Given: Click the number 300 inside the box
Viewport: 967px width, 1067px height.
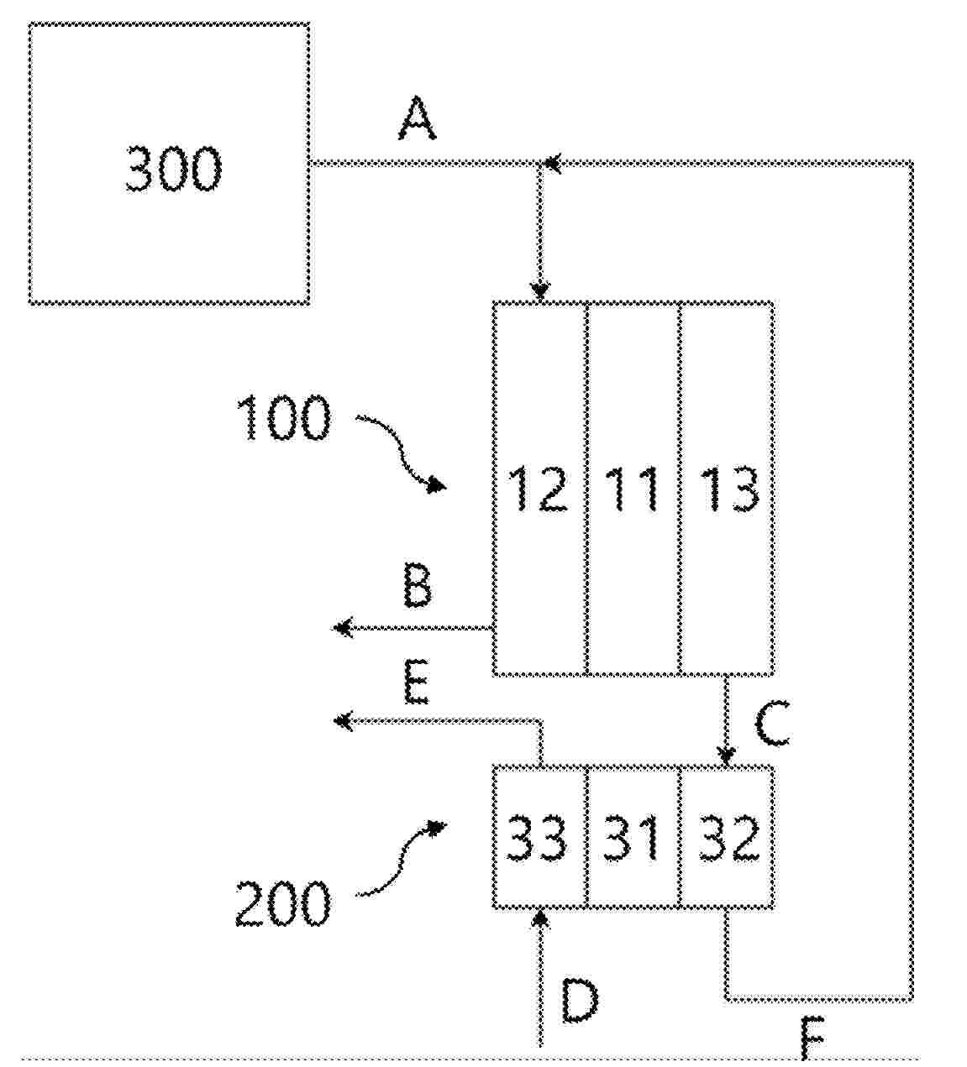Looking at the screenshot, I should pos(174,169).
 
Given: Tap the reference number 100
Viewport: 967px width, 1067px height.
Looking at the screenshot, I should pos(284,419).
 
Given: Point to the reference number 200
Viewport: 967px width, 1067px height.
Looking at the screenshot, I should pos(282,904).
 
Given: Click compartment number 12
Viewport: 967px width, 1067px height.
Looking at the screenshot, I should pos(539,489).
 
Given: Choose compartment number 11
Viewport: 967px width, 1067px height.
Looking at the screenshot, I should pos(632,489).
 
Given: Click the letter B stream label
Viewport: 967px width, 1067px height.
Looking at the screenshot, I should pos(418,587).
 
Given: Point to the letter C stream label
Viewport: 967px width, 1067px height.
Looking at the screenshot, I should pos(771,725).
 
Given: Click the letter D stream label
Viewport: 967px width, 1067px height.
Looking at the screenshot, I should pos(579,1001).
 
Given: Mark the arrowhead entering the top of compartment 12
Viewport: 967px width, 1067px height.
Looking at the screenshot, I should pos(540,292).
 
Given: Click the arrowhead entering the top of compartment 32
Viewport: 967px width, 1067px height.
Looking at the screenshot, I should pos(727,756).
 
